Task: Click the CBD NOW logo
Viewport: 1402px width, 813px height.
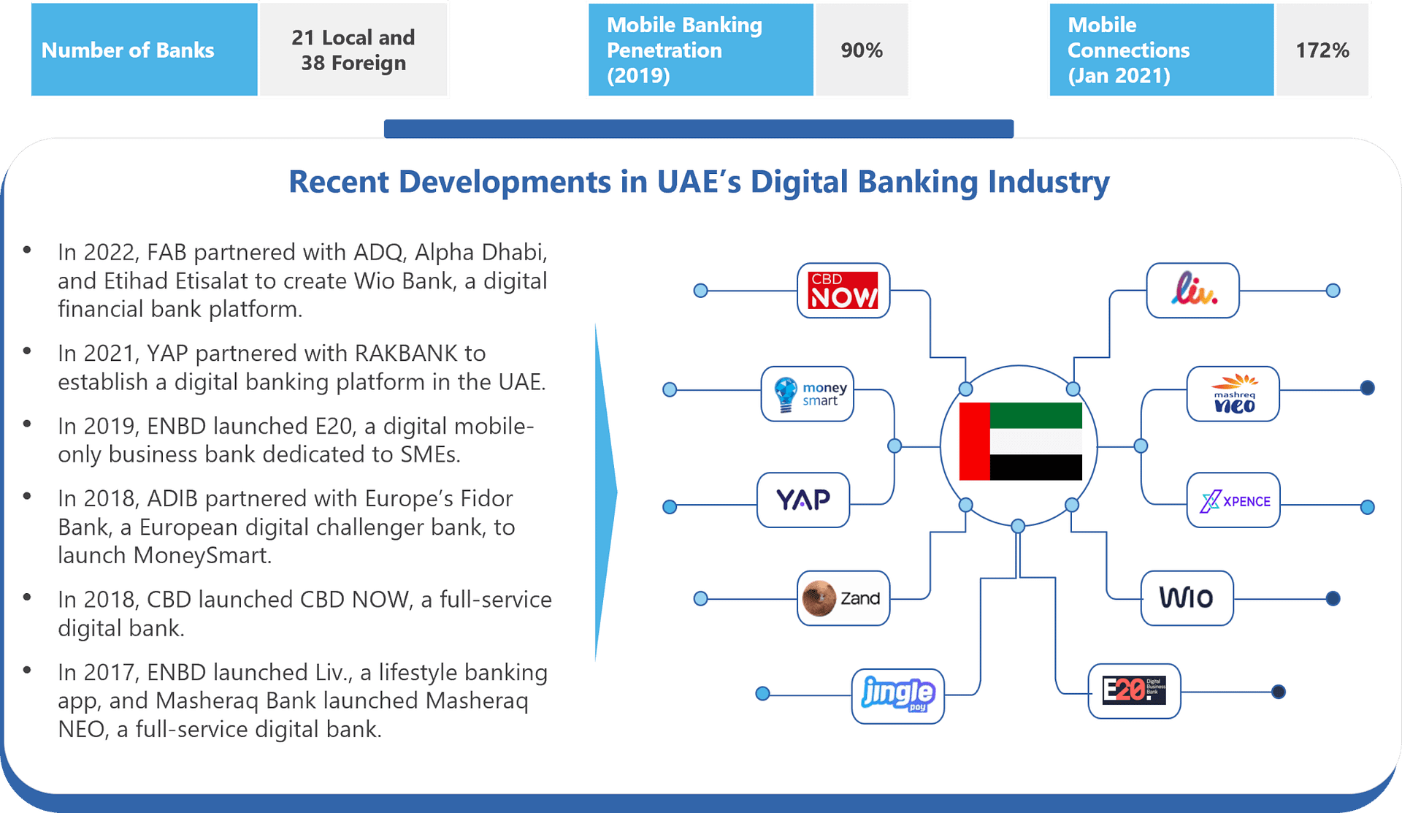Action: pyautogui.click(x=843, y=291)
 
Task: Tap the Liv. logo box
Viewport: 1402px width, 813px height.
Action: pyautogui.click(x=1192, y=291)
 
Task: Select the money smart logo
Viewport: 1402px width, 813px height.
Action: pyautogui.click(x=808, y=394)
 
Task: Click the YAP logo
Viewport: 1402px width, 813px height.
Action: pyautogui.click(x=803, y=500)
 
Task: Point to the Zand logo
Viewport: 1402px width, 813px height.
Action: pyautogui.click(x=843, y=598)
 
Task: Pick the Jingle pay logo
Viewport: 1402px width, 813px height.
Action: pyautogui.click(x=897, y=696)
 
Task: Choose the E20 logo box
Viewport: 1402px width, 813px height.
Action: pyautogui.click(x=1134, y=691)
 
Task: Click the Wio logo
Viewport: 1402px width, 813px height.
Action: pyautogui.click(x=1187, y=598)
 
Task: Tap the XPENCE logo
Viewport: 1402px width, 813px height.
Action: pyautogui.click(x=1233, y=500)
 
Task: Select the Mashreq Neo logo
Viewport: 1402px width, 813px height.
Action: pyautogui.click(x=1233, y=394)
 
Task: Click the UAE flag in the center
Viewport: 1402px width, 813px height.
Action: pyautogui.click(x=1020, y=441)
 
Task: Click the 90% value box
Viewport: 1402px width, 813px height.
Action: pyautogui.click(x=862, y=50)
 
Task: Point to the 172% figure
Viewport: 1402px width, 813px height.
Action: pyautogui.click(x=1322, y=50)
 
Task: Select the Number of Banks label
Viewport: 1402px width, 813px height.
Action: pyautogui.click(x=128, y=50)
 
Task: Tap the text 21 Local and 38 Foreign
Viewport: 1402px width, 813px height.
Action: pyautogui.click(x=353, y=50)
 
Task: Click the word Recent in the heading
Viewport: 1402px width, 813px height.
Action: pyautogui.click(x=340, y=182)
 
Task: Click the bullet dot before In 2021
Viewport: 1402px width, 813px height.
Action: pyautogui.click(x=27, y=351)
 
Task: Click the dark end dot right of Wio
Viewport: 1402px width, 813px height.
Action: pyautogui.click(x=1333, y=599)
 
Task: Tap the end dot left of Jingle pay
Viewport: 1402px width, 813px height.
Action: pyautogui.click(x=762, y=693)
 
